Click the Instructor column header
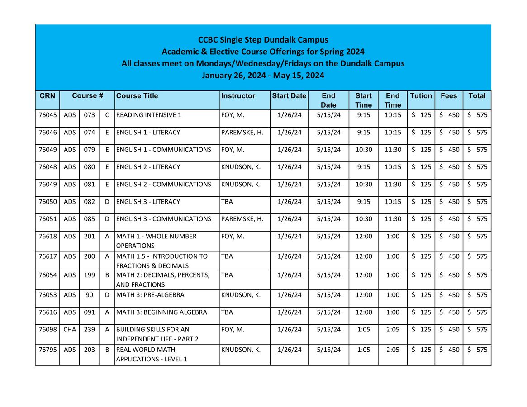(x=238, y=96)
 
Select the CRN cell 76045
(x=47, y=115)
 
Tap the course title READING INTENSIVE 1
(x=149, y=115)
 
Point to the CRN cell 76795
(x=47, y=350)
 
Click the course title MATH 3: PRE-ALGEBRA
(x=150, y=295)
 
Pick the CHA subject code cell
(x=70, y=330)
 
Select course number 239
(x=90, y=330)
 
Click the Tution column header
(x=421, y=96)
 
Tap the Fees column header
(x=449, y=96)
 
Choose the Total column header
(x=477, y=96)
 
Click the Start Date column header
(x=289, y=96)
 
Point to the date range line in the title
(x=263, y=75)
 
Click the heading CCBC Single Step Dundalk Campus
(x=263, y=40)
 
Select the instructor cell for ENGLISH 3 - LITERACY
(x=227, y=202)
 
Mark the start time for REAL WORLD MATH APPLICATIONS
(x=363, y=350)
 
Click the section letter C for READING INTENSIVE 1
(x=107, y=115)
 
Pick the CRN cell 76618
(x=47, y=236)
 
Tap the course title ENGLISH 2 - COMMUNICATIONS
(x=163, y=185)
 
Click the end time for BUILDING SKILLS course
(x=393, y=330)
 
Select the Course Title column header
(x=138, y=96)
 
